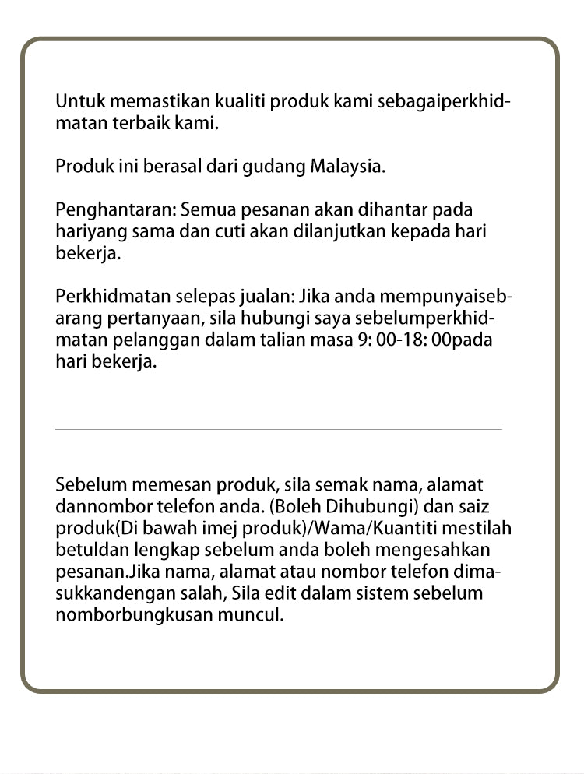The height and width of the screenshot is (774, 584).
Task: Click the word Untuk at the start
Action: [x=78, y=102]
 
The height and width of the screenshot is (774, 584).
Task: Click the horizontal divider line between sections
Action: [x=279, y=429]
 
